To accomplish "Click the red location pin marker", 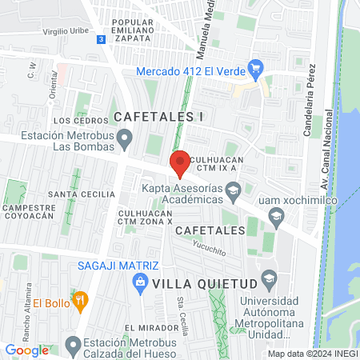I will click(180, 162).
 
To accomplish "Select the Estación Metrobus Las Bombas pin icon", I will click(124, 141).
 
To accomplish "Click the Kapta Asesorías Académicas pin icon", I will click(233, 190).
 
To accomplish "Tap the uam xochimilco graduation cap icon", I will click(276, 214).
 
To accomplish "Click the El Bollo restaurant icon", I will click(79, 300).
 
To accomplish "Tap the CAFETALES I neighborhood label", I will click(160, 117).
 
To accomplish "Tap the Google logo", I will click(27, 350).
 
